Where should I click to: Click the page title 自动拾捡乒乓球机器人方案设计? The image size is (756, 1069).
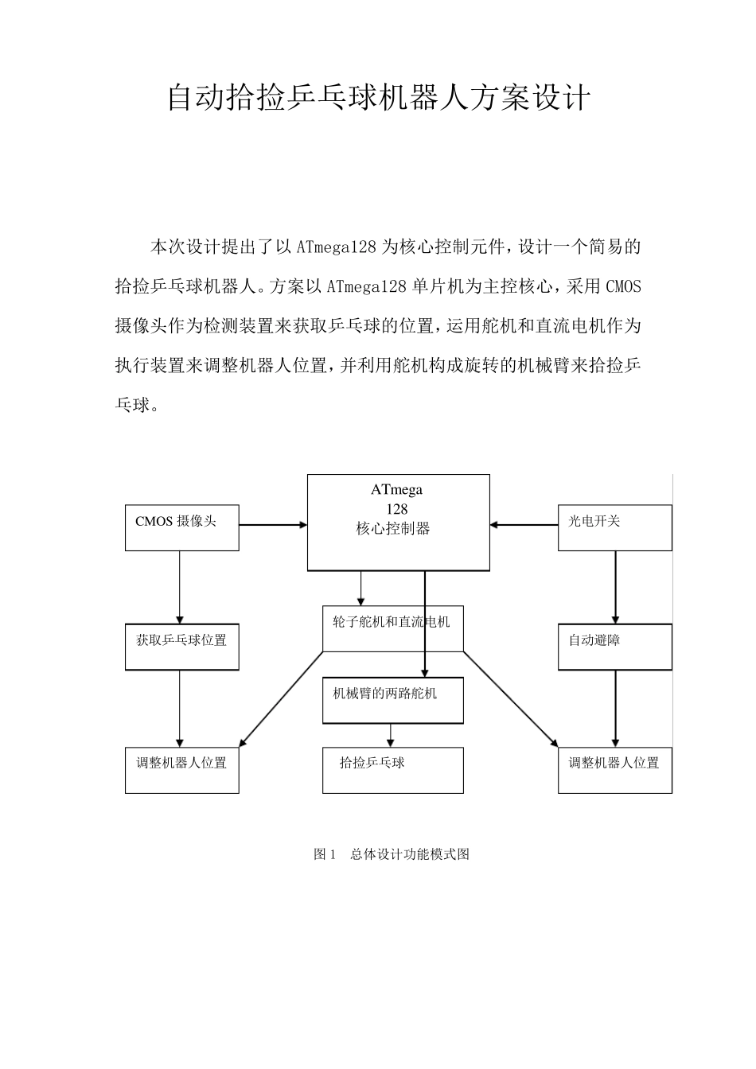378,99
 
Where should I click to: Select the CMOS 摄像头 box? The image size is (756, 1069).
181,527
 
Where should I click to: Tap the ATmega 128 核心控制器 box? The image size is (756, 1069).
398,522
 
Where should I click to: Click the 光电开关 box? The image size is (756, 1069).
614,527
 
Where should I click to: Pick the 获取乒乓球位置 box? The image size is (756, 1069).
181,647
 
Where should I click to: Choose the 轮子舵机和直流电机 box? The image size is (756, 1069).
392,629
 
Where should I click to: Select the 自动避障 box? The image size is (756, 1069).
614,647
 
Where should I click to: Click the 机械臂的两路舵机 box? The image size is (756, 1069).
392,700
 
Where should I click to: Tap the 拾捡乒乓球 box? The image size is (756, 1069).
392,770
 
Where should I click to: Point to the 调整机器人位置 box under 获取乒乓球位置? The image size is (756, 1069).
181,770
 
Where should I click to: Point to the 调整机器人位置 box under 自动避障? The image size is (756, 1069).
614,770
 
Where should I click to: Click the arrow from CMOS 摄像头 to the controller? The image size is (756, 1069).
273,525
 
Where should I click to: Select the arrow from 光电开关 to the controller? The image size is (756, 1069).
524,525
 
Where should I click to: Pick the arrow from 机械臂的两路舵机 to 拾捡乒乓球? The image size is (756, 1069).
390,735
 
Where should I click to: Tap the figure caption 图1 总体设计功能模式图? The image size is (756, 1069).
392,854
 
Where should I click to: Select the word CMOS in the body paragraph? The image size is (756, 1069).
623,286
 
